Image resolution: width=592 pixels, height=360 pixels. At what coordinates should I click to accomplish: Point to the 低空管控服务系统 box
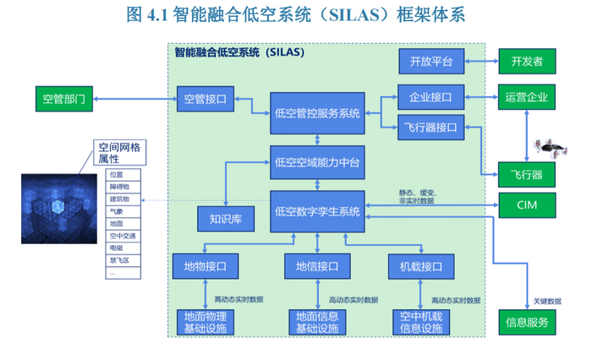click(x=317, y=112)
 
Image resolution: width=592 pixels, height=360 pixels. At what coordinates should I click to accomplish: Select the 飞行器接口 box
click(x=431, y=128)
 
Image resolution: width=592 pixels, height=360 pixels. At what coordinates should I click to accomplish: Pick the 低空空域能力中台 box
click(x=317, y=162)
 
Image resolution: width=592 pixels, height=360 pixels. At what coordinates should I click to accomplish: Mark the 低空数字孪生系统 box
click(x=317, y=210)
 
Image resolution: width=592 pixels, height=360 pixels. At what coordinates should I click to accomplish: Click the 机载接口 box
click(x=421, y=266)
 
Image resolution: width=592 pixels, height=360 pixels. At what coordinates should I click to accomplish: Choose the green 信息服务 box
click(x=527, y=322)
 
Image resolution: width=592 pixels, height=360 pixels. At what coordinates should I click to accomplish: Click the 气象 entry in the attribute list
click(x=116, y=211)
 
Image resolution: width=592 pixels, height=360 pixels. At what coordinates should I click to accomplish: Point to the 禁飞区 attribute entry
click(x=118, y=273)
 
